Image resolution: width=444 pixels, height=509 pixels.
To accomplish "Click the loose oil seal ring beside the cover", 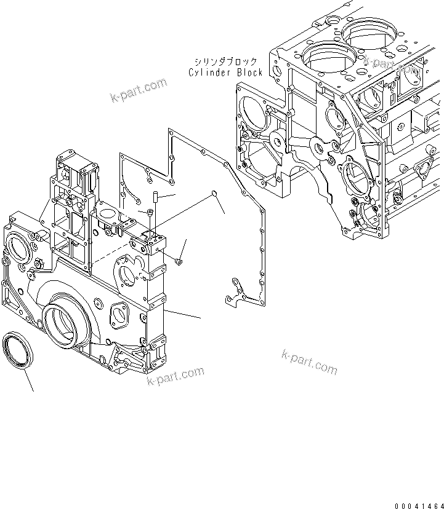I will tap(20, 352).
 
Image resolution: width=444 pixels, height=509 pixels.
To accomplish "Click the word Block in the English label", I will tap(249, 73).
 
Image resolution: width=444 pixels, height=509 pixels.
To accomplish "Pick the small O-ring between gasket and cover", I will tap(213, 195).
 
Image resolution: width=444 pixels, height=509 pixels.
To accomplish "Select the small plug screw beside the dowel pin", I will tap(150, 213).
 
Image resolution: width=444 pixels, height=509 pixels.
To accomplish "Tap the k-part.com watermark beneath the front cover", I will tap(175, 376).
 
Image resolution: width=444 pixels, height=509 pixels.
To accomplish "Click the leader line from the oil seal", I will tap(27, 381).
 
